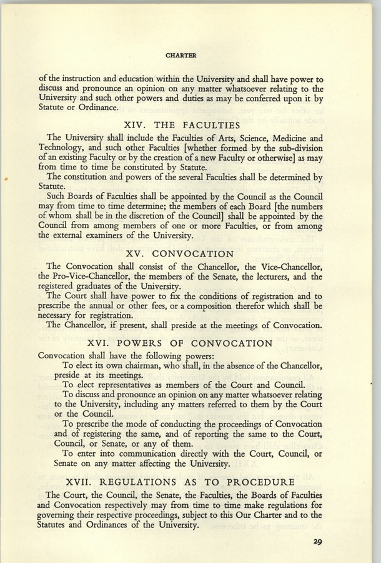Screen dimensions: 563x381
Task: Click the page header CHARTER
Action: pos(181,55)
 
